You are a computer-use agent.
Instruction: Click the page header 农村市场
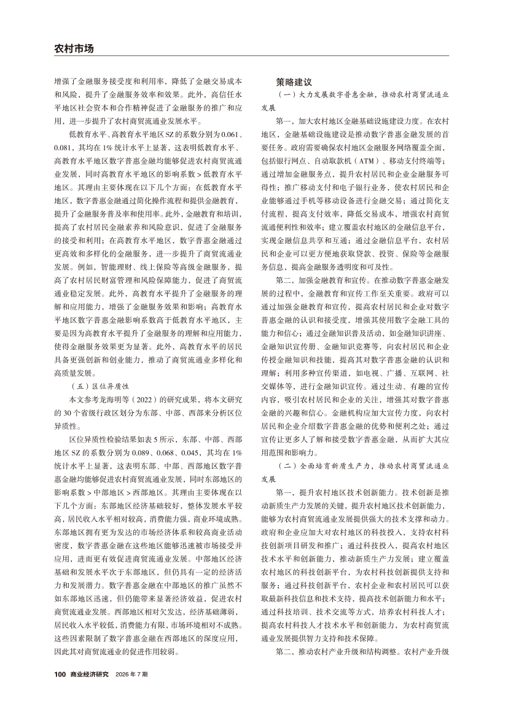74,47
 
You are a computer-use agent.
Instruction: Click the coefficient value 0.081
64,147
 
